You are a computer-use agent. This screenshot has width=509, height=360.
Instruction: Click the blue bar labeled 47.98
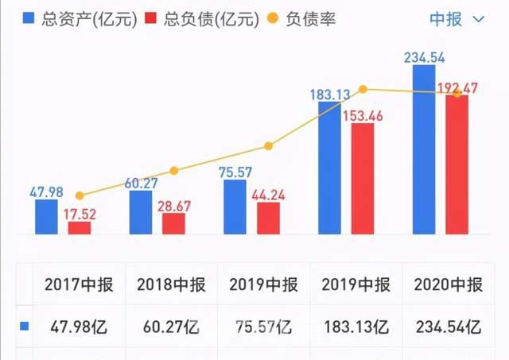point(46,217)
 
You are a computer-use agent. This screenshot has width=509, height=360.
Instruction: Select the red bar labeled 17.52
point(80,228)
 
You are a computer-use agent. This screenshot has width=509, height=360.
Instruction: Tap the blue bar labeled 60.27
point(141,213)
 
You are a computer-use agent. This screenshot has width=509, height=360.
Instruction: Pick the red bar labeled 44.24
point(268,219)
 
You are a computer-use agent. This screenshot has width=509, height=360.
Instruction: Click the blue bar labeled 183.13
point(330,168)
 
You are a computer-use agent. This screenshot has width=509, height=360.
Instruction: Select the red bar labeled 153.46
point(363,179)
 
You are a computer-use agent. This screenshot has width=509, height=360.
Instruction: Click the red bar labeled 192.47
point(457,165)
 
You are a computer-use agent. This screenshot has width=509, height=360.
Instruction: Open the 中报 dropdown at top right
point(457,19)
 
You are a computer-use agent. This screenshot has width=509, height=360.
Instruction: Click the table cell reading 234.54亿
point(448,326)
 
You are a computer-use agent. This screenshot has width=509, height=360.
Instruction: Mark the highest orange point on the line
point(363,89)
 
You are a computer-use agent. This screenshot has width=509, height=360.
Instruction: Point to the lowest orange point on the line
point(80,195)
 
